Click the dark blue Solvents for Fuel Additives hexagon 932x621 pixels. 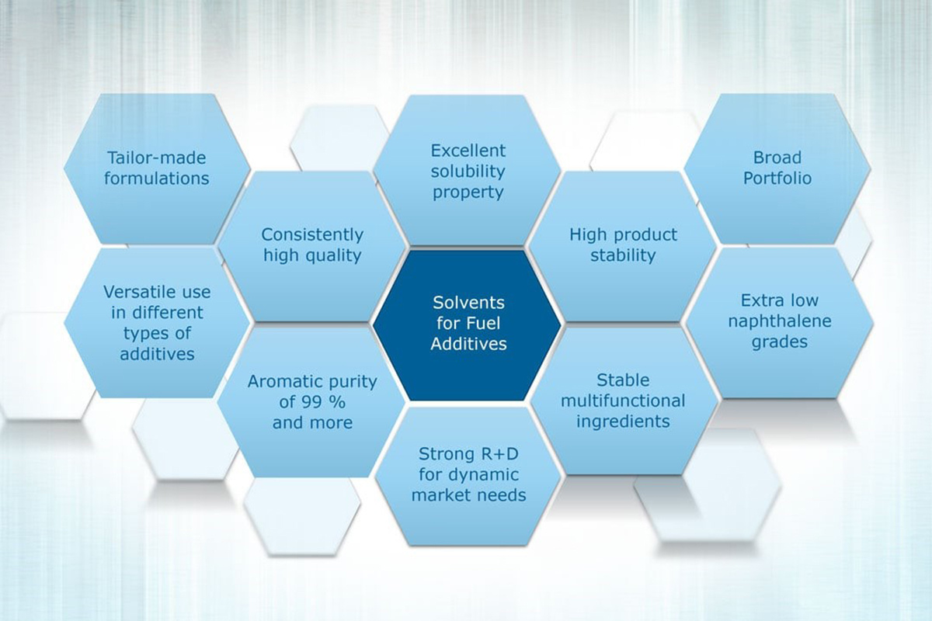[468, 324]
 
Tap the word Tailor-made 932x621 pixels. [156, 158]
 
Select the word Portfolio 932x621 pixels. [777, 179]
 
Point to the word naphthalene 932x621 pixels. [779, 321]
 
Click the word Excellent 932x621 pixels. [468, 151]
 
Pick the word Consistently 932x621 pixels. [312, 235]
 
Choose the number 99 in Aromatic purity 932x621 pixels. [312, 402]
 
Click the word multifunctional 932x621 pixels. [623, 401]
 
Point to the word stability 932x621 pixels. [623, 256]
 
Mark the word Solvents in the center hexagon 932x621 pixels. [468, 303]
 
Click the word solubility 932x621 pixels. [468, 172]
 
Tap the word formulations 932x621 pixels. [156, 179]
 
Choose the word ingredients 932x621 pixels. [623, 422]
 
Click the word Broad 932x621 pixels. [777, 158]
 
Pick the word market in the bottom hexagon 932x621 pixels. [438, 495]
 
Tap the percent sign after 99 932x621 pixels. [337, 402]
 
